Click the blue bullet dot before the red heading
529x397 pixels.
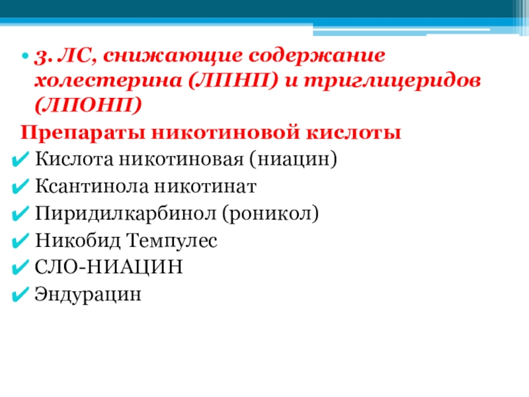(24, 56)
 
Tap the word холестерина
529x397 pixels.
(108, 81)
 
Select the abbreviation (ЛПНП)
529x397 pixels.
(233, 81)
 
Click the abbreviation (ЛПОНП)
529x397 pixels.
(88, 105)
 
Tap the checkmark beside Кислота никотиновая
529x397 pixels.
(20, 159)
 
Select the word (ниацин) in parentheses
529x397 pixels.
(293, 159)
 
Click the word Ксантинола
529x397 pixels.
(92, 186)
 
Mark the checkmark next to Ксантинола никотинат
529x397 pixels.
(20, 187)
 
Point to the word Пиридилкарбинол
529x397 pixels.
(126, 214)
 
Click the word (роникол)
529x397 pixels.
(270, 214)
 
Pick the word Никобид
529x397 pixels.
(77, 241)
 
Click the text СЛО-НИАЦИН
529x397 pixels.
(108, 267)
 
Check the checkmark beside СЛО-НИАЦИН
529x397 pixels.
(20, 268)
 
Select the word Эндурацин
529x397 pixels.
(88, 294)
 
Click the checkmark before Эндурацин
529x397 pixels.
(20, 294)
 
